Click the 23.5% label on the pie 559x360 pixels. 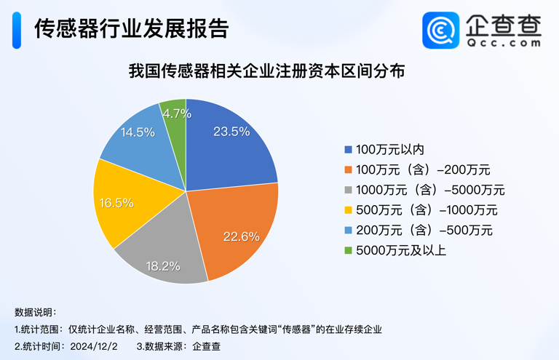pos(231,132)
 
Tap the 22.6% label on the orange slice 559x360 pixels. pos(241,236)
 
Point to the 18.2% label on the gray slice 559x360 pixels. pos(162,266)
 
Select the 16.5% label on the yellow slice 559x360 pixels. pos(116,203)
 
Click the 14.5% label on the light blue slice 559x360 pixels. pos(138,132)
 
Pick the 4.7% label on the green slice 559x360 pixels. pos(177,113)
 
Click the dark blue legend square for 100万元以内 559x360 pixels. pos(348,150)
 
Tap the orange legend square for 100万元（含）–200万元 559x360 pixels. pos(348,170)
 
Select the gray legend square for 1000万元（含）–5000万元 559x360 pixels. pos(348,191)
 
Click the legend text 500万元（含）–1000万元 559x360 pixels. pos(427,211)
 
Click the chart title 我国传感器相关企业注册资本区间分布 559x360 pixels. pos(266,72)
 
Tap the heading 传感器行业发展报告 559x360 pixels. pos(131,28)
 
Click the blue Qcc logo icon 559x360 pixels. pos(441,31)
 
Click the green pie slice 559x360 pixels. pos(175,124)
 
